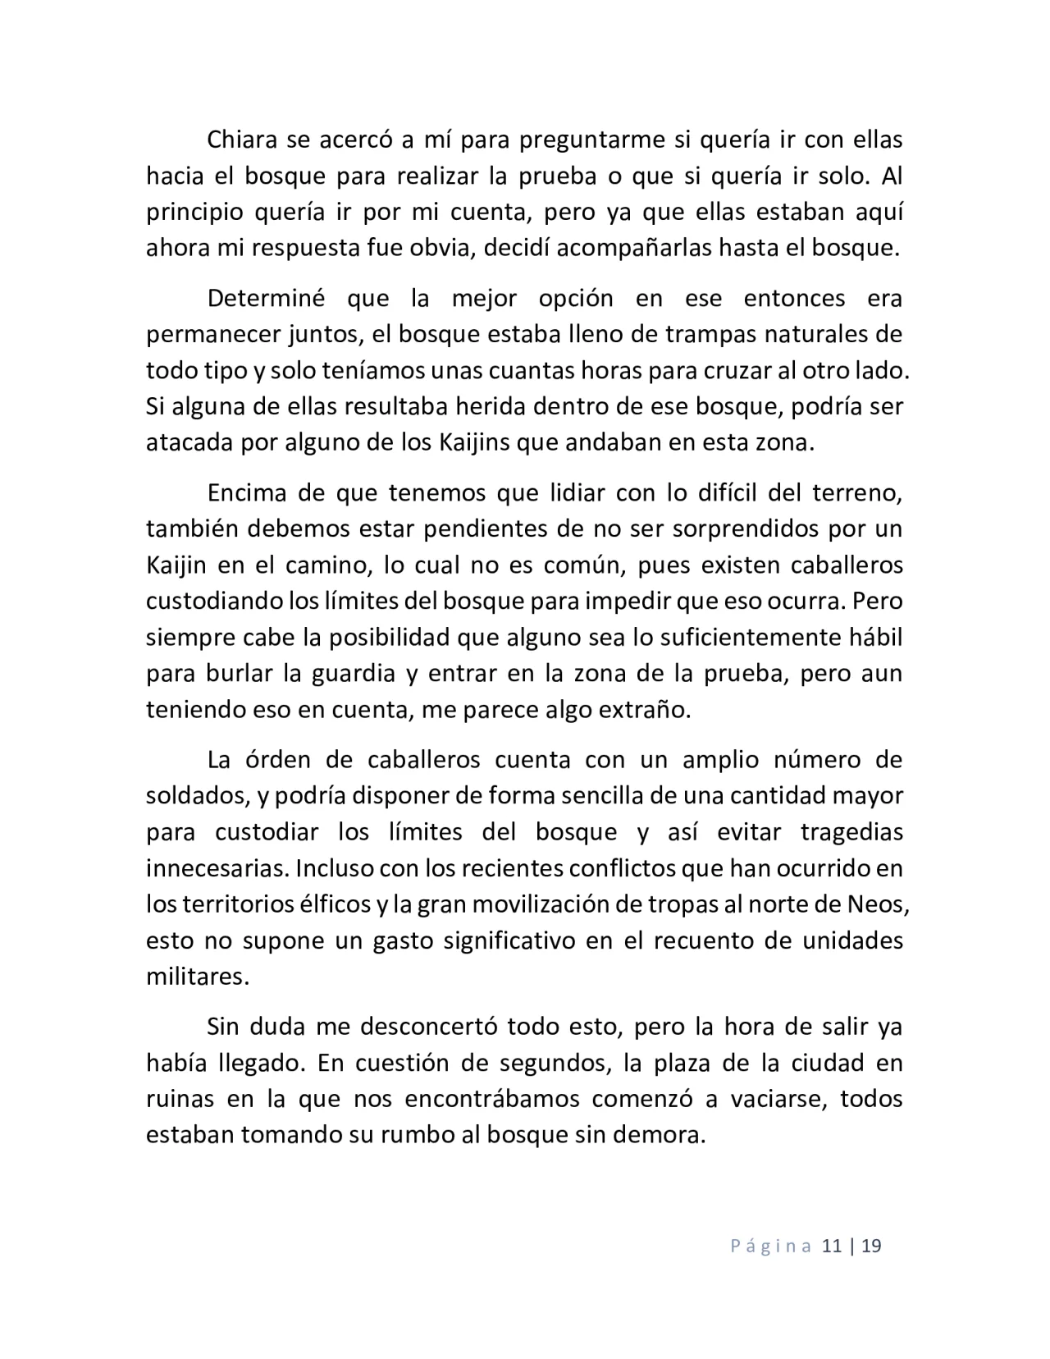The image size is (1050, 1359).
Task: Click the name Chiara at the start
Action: click(240, 140)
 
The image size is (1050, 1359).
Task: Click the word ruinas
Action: click(180, 1099)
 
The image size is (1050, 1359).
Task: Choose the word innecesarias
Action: click(217, 868)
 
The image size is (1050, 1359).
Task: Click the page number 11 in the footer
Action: click(831, 1247)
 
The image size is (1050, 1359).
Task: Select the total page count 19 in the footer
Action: click(872, 1247)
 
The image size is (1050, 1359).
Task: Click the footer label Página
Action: click(769, 1247)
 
